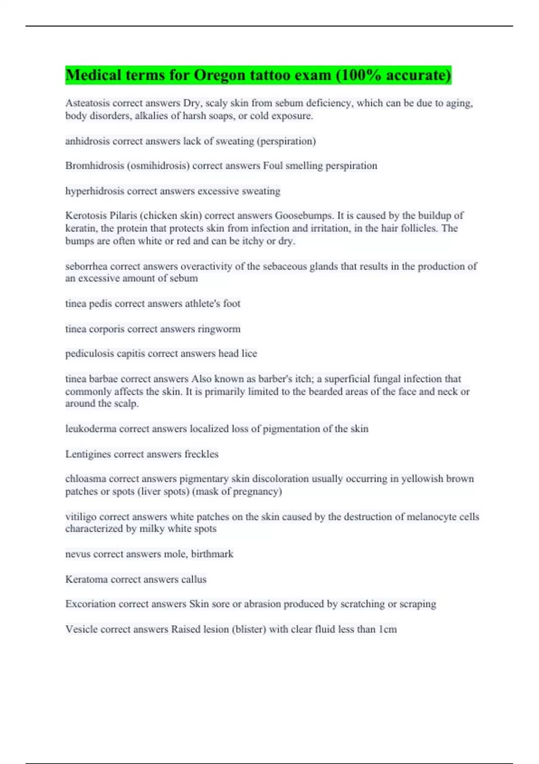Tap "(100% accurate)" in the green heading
coord(393,75)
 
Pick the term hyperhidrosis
coord(95,191)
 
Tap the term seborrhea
coord(86,266)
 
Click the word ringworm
coord(219,329)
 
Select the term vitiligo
coord(81,517)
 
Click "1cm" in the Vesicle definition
coord(388,629)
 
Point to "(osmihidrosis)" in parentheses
coord(158,166)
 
